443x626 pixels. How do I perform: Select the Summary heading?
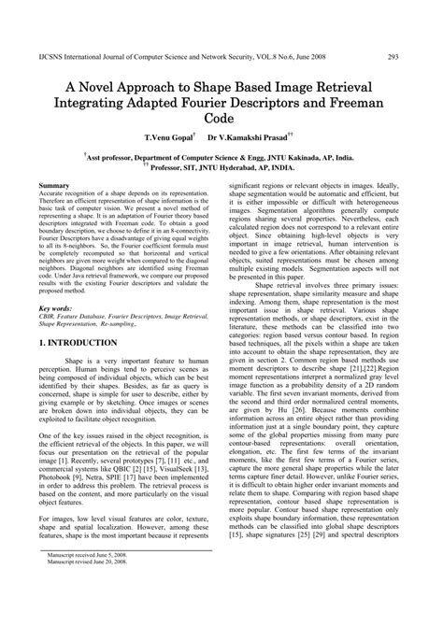point(55,188)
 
